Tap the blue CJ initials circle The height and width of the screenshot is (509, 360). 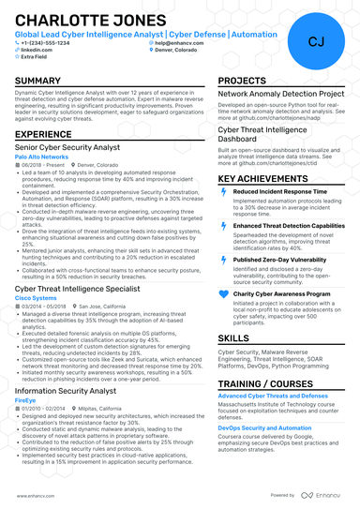coord(316,41)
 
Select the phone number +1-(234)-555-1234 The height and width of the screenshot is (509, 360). coord(47,43)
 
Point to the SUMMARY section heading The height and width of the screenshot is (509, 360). coord(38,82)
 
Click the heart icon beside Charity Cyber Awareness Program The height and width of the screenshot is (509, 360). coord(223,293)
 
